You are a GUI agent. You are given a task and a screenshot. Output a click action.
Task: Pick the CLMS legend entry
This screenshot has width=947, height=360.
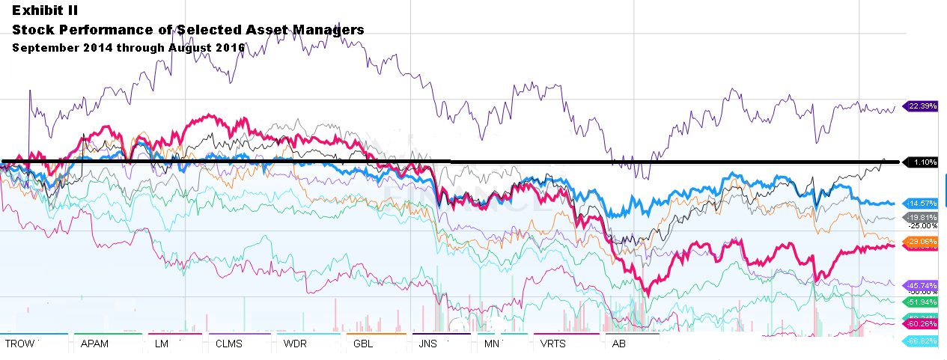tap(230, 344)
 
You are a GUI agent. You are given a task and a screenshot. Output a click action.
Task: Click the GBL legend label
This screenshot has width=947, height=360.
tap(362, 344)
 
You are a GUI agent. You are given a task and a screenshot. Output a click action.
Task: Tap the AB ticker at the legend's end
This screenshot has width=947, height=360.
tap(618, 344)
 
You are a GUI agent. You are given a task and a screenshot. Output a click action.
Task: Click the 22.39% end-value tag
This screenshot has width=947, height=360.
tap(922, 106)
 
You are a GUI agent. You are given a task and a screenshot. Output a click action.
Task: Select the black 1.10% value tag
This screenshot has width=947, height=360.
tap(922, 162)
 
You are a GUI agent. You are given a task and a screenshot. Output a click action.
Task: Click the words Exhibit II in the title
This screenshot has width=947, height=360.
tap(44, 11)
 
